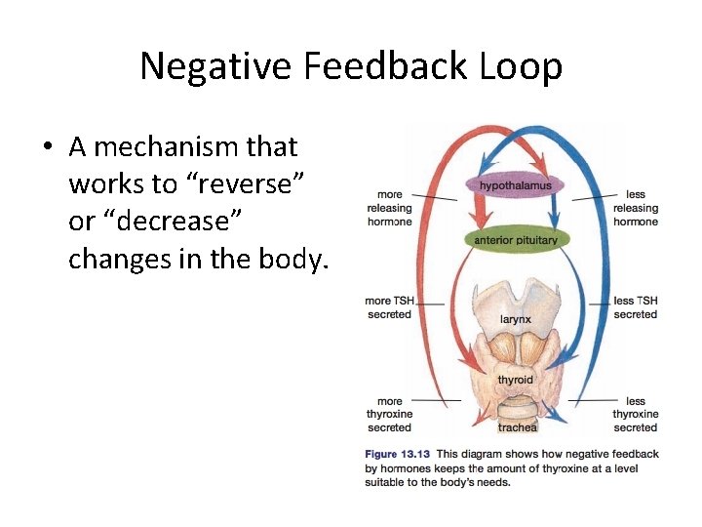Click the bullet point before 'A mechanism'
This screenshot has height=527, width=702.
pos(48,148)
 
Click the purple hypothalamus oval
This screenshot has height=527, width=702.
pos(515,185)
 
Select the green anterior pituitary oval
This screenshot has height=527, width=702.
pos(516,240)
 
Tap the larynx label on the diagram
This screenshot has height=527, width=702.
pos(515,319)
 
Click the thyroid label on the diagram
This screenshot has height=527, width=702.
pos(515,380)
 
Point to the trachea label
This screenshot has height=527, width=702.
pos(517,427)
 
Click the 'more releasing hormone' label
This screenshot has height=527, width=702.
pos(389,208)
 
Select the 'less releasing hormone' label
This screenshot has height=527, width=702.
pos(636,208)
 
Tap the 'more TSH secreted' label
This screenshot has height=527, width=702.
pos(389,307)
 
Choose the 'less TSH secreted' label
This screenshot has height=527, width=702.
pos(636,307)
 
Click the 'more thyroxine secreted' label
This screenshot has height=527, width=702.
pos(389,414)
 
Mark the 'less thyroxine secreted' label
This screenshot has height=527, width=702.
pos(636,414)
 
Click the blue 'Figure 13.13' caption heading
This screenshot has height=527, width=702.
pos(397,454)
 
